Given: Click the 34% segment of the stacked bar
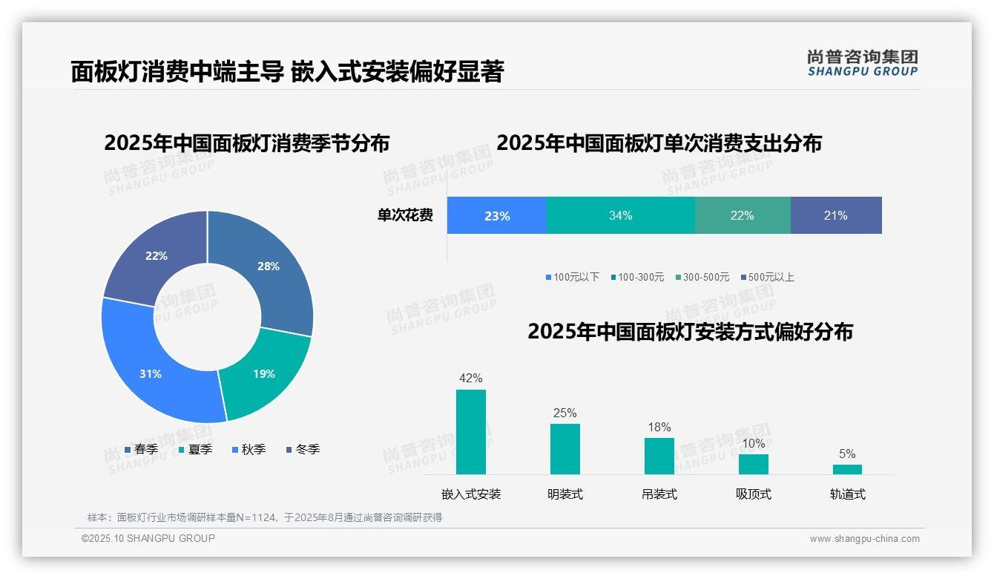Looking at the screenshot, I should [620, 215].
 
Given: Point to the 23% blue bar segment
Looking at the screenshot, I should [496, 215].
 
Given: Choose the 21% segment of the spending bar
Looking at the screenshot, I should [835, 215].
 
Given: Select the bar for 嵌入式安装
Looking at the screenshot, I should [471, 432].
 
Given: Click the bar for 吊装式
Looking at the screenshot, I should [659, 456].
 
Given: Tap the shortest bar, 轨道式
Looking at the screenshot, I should [847, 469].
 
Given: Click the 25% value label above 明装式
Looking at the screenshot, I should [565, 413].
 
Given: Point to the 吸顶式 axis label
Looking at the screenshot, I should [753, 494].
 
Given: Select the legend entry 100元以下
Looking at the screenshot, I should [572, 277].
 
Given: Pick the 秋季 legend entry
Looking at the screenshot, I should [249, 449].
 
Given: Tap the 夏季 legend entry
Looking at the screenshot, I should [195, 449].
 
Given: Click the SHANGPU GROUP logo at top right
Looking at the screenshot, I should [862, 62].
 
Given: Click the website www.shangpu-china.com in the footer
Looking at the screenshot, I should [864, 539].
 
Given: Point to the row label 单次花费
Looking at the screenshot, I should [405, 215].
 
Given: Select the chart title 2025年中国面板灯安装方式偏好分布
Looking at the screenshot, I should [690, 331].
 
